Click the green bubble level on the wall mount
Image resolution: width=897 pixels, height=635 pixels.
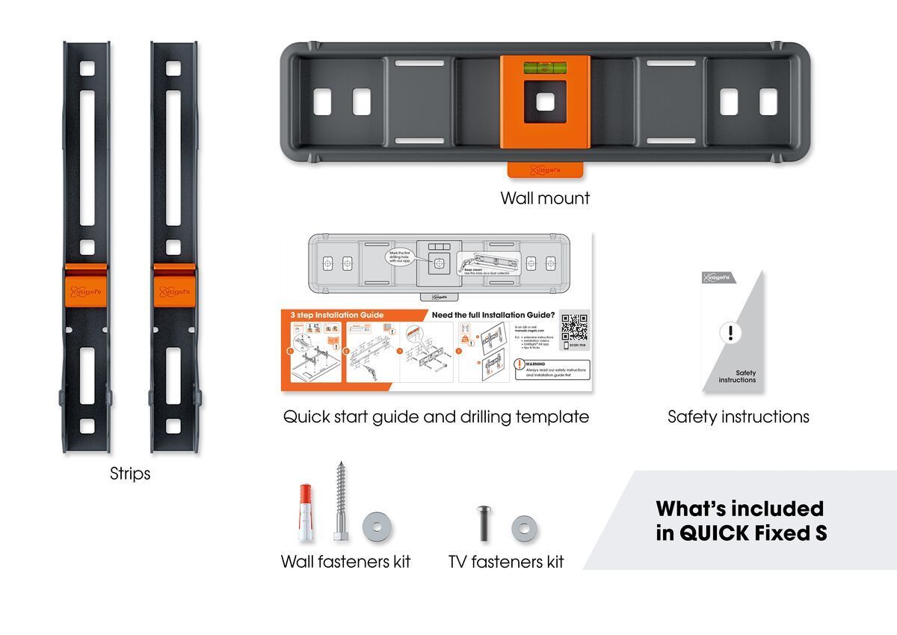(545, 67)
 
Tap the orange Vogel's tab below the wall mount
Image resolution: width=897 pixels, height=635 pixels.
(545, 170)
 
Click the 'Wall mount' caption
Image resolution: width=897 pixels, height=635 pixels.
(545, 198)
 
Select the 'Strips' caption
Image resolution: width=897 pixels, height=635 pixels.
(130, 473)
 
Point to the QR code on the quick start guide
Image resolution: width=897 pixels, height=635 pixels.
(574, 327)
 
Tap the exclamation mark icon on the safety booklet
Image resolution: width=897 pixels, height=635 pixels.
(730, 334)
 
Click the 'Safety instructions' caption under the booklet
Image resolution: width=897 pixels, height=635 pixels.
(738, 417)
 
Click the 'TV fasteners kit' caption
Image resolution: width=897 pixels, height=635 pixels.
(506, 562)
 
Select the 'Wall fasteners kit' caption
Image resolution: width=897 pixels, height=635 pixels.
(345, 562)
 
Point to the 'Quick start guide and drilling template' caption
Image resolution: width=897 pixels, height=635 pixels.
(436, 417)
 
